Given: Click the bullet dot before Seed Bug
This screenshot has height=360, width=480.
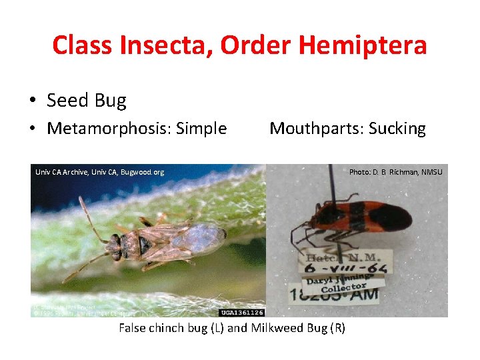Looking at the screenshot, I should coord(33,101).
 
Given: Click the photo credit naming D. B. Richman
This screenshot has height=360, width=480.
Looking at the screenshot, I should coord(395,172).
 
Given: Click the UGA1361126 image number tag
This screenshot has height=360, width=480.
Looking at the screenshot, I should coord(241,312).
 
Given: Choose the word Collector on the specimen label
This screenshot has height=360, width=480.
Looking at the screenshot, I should coord(343,287).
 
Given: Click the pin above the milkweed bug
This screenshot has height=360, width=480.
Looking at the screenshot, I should coord(331,183).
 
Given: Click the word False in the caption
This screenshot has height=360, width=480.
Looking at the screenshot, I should coord(133,328).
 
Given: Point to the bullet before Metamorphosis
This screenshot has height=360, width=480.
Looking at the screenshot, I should coord(33,129).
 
